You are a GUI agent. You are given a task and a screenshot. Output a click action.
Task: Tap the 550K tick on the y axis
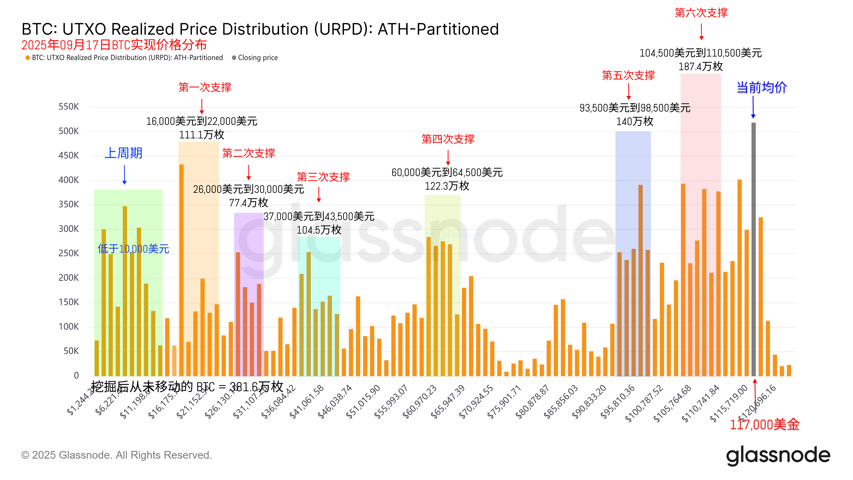pyautogui.click(x=69, y=107)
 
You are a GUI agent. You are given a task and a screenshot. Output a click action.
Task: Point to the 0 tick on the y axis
pyautogui.click(x=76, y=375)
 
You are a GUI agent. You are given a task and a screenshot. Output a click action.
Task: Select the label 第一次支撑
pyautogui.click(x=205, y=87)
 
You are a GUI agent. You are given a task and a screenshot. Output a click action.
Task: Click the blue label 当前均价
pyautogui.click(x=761, y=87)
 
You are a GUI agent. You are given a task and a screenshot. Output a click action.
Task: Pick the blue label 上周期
pyautogui.click(x=123, y=153)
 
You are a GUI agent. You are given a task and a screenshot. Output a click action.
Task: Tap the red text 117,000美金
pyautogui.click(x=764, y=424)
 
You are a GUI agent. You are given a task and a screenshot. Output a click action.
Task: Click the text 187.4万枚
pyautogui.click(x=700, y=67)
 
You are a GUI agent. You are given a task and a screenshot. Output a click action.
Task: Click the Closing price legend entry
pyautogui.click(x=257, y=58)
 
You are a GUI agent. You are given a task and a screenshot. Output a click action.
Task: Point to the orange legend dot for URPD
pyautogui.click(x=28, y=58)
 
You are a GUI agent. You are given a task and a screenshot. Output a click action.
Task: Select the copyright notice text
pyautogui.click(x=116, y=455)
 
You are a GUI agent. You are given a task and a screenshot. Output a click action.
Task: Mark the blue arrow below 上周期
pyautogui.click(x=124, y=175)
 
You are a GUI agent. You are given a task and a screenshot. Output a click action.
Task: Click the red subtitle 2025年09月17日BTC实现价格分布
pyautogui.click(x=114, y=45)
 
